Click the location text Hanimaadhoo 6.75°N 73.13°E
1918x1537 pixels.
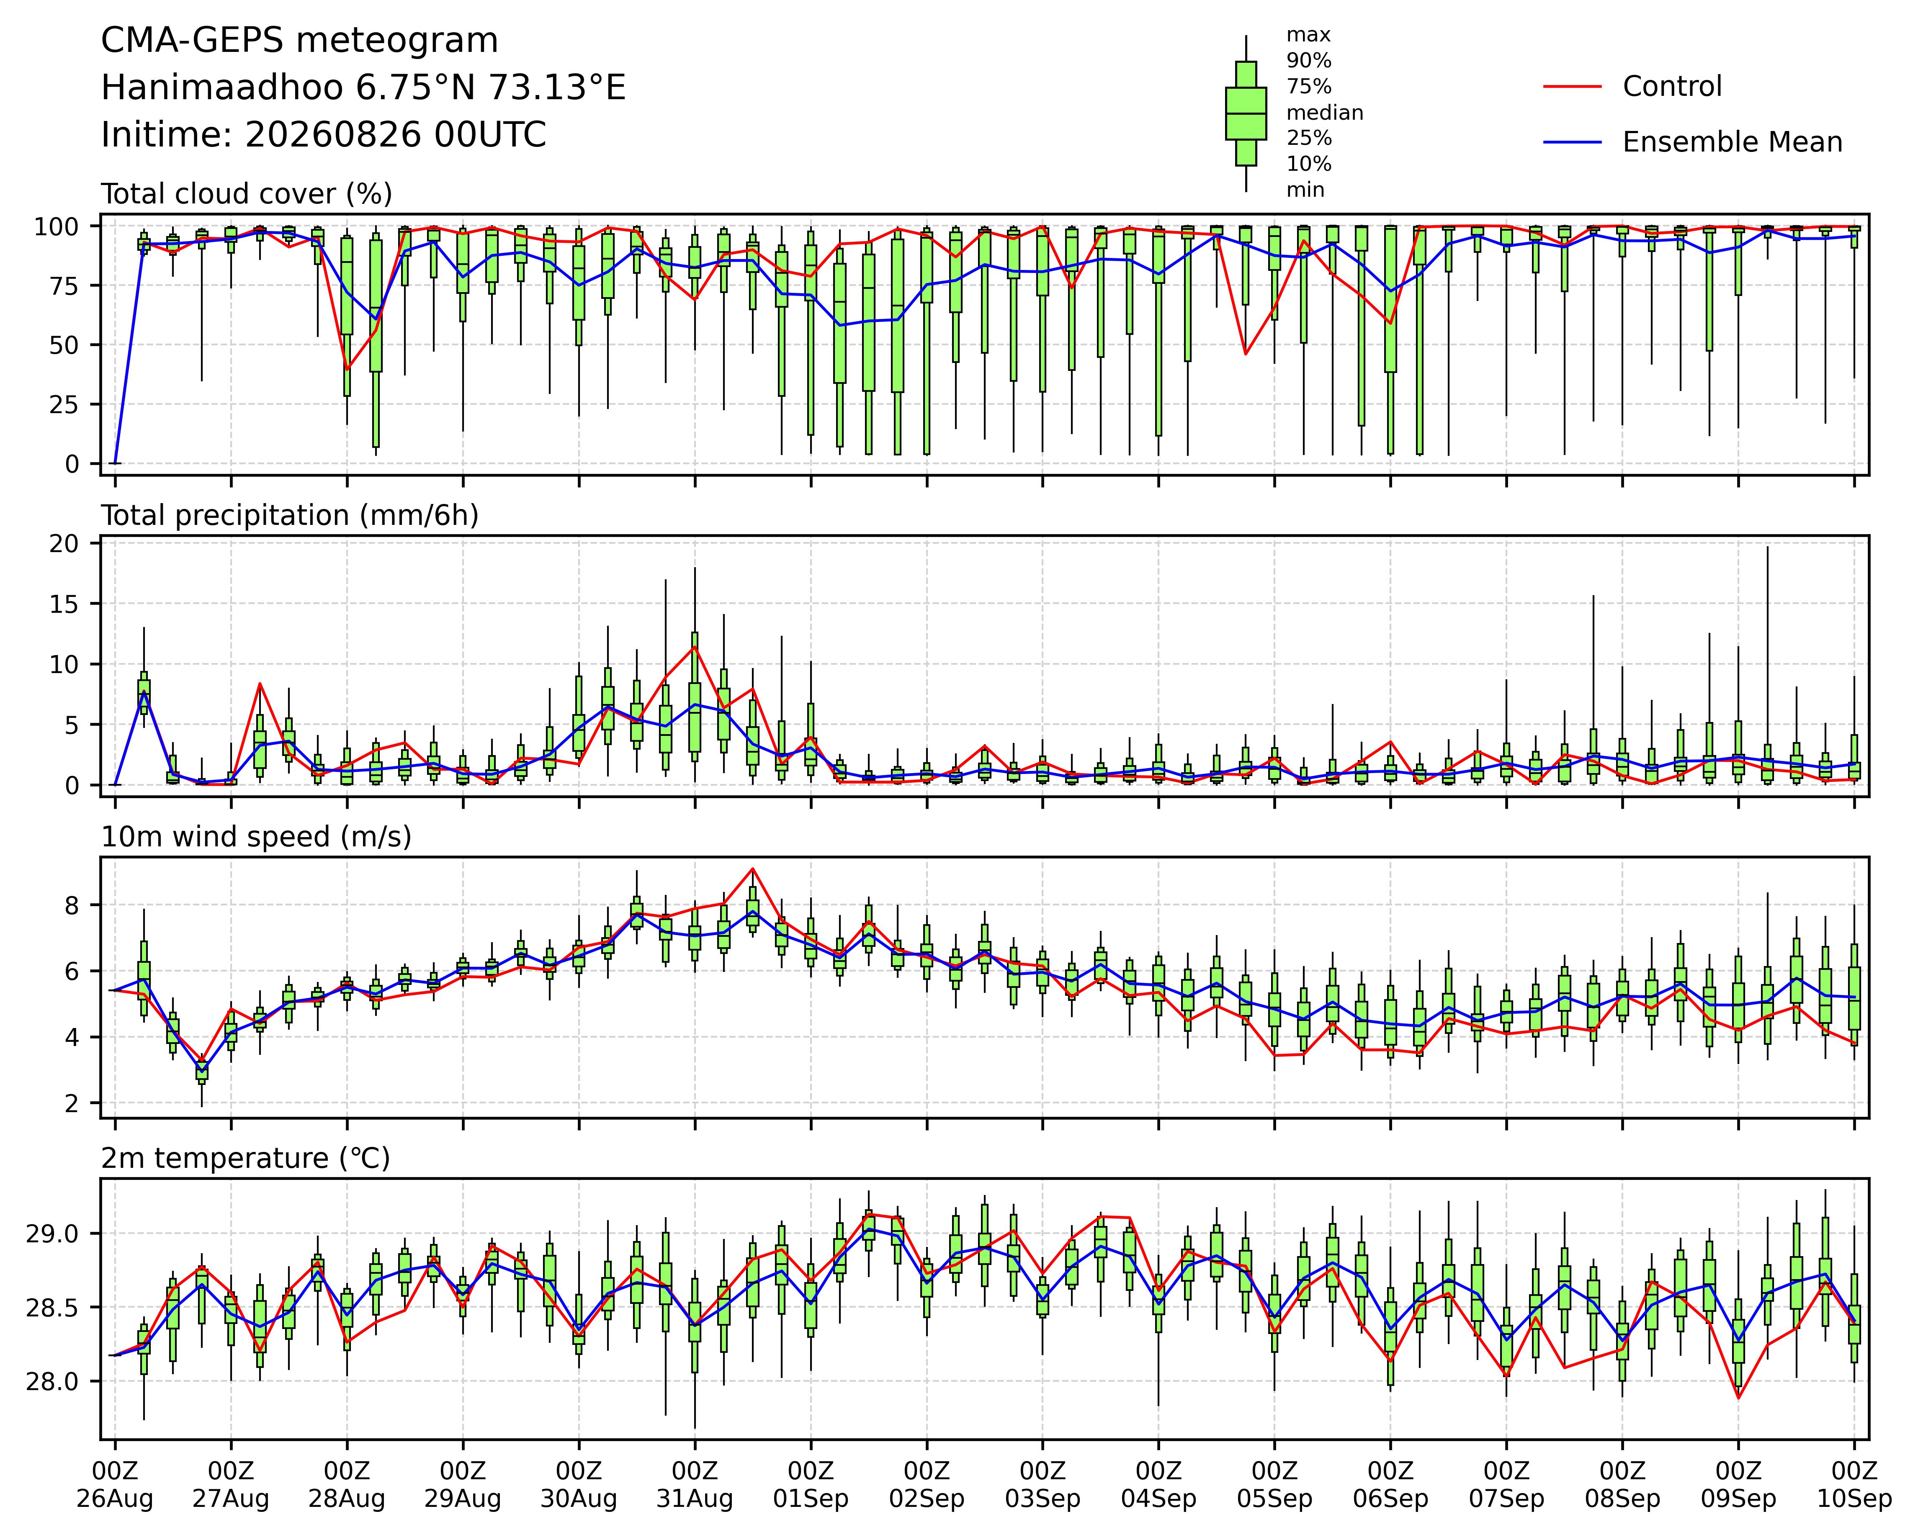[x=363, y=88]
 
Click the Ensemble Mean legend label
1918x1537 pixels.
[x=1732, y=142]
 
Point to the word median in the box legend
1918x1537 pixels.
[x=1325, y=113]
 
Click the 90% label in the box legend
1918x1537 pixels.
[x=1309, y=60]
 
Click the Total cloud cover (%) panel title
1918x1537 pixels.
[x=247, y=194]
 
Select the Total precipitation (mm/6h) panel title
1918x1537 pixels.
[x=290, y=516]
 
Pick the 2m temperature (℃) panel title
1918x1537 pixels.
[x=245, y=1159]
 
